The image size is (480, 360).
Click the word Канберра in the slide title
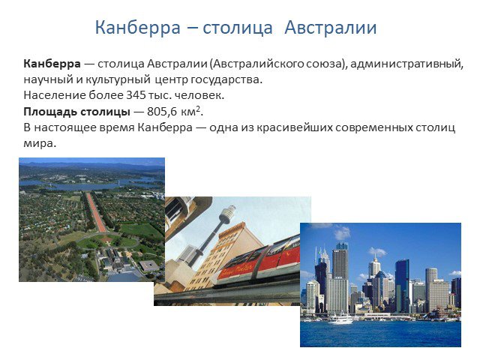pyautogui.click(x=138, y=28)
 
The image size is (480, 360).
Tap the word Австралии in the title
pyautogui.click(x=330, y=28)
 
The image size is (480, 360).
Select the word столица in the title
pyautogui.click(x=237, y=28)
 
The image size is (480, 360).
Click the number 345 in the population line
pyautogui.click(x=136, y=95)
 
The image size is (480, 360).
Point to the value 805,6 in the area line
pyautogui.click(x=162, y=112)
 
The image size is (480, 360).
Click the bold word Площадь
pyautogui.click(x=50, y=112)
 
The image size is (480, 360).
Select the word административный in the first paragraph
pyautogui.click(x=406, y=64)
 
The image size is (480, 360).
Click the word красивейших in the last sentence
pyautogui.click(x=294, y=127)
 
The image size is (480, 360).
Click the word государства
pyautogui.click(x=226, y=79)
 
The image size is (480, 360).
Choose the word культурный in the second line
pyautogui.click(x=118, y=79)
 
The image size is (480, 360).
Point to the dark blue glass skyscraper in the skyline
pyautogui.click(x=402, y=285)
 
